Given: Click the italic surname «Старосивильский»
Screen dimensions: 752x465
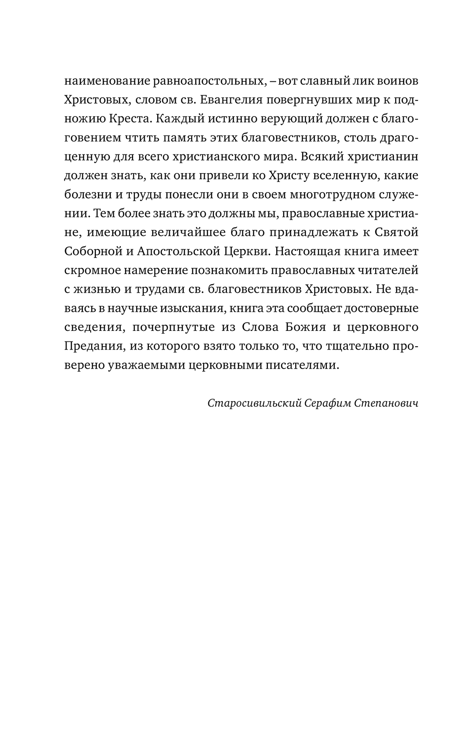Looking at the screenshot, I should pyautogui.click(x=255, y=403).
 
